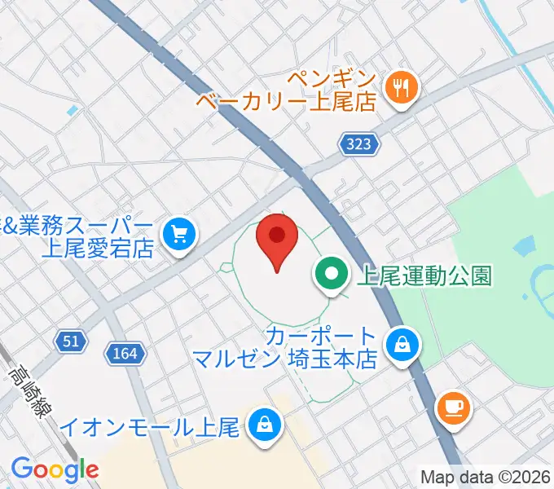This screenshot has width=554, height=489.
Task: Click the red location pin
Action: (x=277, y=239)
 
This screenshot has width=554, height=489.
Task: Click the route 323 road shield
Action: (x=359, y=143)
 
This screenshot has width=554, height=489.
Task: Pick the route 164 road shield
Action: (x=126, y=353)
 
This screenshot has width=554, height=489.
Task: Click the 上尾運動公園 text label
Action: (x=424, y=276)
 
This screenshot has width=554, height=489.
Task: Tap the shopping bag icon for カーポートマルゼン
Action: (x=402, y=346)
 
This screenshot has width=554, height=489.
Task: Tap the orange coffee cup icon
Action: (x=455, y=406)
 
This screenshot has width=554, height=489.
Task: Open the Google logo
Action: (x=55, y=469)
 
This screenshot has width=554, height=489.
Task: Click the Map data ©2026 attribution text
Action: (x=486, y=477)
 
